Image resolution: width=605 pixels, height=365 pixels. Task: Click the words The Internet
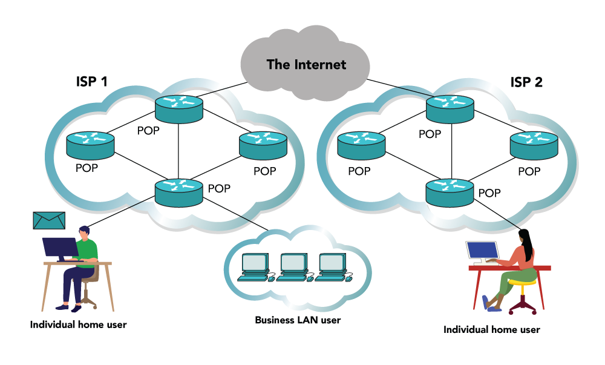[x=306, y=65]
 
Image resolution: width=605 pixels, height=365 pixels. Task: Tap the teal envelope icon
[x=49, y=221]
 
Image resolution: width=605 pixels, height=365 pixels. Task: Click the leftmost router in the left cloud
[x=90, y=145]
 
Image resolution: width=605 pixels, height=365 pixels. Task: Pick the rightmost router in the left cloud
[x=263, y=145]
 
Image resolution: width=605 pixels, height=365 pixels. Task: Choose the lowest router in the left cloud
[x=178, y=192]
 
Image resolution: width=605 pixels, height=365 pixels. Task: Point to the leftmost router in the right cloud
[x=361, y=145]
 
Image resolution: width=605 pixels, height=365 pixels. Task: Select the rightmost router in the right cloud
[x=534, y=145]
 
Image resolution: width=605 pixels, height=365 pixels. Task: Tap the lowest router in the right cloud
[x=450, y=192]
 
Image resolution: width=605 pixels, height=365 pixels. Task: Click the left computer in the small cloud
[x=255, y=263]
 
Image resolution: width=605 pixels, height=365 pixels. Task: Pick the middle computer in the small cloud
[x=293, y=263]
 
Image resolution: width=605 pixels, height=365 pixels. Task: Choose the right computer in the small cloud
[x=332, y=263]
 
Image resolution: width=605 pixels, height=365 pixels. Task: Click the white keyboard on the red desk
[x=486, y=264]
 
